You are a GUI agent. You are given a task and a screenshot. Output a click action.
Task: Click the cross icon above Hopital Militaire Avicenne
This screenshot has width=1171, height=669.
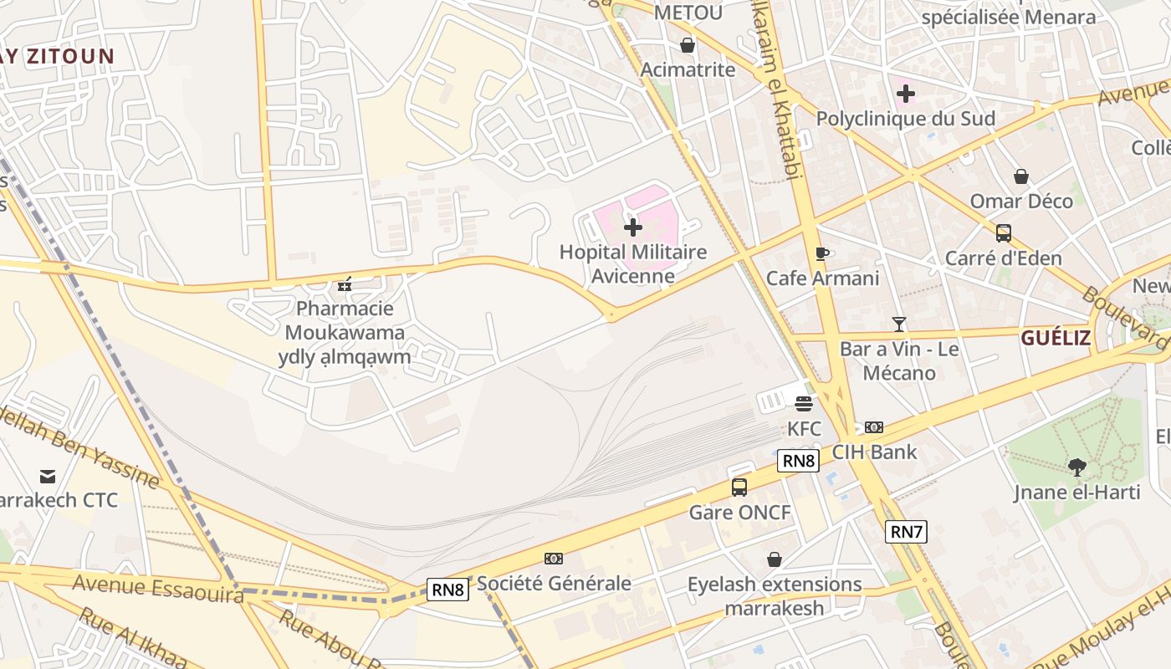(633, 227)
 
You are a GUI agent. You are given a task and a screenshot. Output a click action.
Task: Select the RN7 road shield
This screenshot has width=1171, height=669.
(907, 531)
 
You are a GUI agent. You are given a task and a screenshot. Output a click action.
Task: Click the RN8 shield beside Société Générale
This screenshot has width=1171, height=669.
(447, 589)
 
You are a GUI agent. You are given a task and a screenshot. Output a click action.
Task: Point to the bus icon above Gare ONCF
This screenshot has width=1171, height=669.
(739, 488)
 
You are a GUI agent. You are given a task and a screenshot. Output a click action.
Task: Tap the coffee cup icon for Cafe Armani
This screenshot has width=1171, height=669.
(822, 253)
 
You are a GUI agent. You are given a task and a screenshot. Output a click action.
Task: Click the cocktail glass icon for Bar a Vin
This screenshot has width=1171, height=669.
(899, 324)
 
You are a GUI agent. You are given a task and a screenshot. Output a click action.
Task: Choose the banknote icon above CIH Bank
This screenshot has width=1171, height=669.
(874, 427)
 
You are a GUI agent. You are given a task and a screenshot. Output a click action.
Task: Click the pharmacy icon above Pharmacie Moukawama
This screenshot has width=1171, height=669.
(344, 285)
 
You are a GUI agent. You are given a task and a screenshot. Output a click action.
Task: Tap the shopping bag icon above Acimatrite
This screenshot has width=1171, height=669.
(688, 45)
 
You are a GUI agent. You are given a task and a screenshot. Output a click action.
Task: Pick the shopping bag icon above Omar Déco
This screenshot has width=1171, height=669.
(1020, 176)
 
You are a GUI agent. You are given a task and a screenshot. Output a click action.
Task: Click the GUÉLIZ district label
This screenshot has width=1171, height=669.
(1056, 338)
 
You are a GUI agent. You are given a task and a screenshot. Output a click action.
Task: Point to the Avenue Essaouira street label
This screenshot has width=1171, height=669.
(157, 587)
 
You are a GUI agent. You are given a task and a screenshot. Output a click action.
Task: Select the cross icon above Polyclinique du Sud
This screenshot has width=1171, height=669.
(905, 94)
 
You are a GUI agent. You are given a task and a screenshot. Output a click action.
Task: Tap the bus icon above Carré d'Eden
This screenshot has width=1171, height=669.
(1003, 233)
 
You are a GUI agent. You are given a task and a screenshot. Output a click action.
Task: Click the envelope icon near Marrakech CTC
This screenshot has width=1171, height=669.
(48, 477)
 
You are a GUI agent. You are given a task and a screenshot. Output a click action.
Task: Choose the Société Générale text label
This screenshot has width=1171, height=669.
(554, 583)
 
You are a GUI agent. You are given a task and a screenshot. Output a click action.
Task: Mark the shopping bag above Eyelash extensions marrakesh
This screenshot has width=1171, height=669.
(775, 559)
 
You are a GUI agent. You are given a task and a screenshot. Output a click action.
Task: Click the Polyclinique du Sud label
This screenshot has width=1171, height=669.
(906, 119)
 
